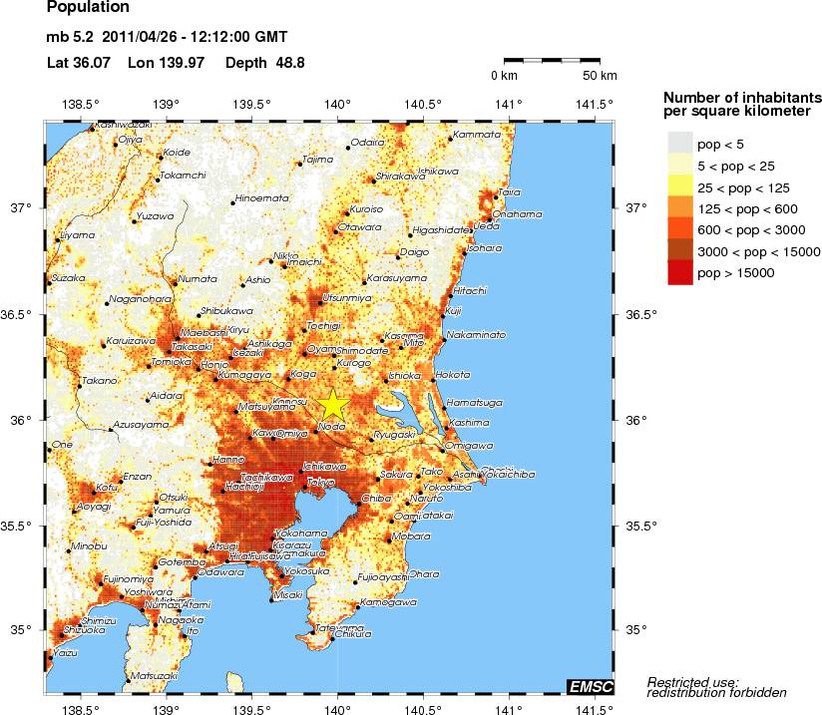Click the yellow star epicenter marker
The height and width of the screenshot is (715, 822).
332,405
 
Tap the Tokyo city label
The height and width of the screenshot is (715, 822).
320,483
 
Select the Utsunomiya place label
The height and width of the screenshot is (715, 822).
345,298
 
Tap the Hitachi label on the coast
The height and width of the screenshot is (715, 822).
470,290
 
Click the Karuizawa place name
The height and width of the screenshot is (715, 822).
132,341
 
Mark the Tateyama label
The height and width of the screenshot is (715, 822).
332,627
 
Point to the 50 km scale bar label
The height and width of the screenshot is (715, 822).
600,76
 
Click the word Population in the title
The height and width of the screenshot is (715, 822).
88,8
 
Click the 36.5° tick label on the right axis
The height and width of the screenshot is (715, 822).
639,315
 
